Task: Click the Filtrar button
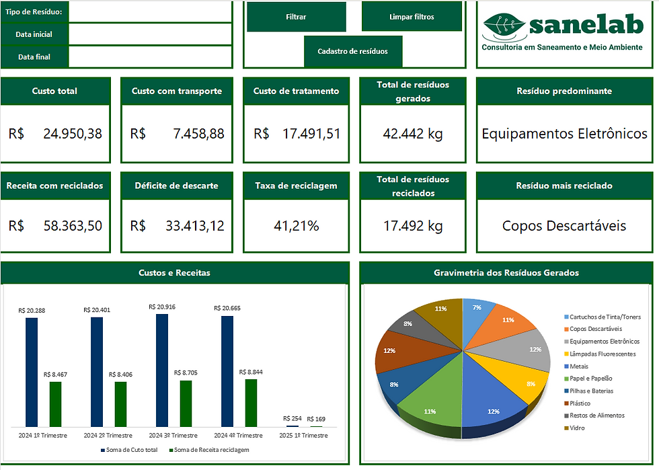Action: [296, 17]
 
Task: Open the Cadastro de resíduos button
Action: [352, 51]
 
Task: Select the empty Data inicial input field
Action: [151, 34]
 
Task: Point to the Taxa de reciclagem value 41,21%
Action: [296, 226]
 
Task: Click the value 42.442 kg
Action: [412, 134]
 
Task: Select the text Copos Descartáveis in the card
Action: [564, 226]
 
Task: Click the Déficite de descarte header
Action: [176, 186]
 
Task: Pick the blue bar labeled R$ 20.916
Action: [161, 370]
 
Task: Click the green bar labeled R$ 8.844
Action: [250, 402]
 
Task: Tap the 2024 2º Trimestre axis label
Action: [108, 435]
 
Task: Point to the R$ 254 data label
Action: [293, 418]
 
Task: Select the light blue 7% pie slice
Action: [476, 313]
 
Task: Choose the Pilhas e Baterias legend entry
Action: [591, 391]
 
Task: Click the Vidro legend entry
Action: [576, 428]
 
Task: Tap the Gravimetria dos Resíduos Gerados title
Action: [506, 273]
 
